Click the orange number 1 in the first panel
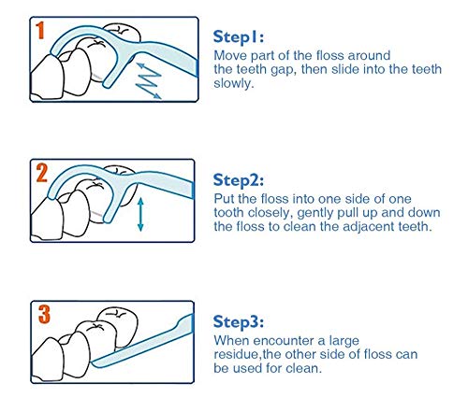coord(40,31)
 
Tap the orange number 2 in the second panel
coord(41,173)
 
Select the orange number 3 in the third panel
coord(44,314)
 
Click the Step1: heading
coord(239,37)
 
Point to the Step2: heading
coord(239,180)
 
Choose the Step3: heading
coord(239,321)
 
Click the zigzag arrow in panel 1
coord(149,80)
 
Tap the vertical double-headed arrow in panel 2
coord(140,214)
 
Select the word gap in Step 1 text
coord(284,70)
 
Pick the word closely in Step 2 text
coord(271,213)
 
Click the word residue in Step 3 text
coord(237,355)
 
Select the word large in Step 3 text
coord(344,341)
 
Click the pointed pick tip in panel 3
coord(93,362)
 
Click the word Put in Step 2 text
coord(224,199)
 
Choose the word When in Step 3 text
coord(231,341)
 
